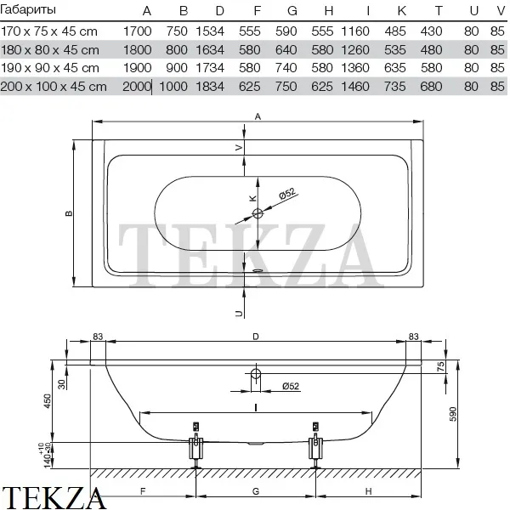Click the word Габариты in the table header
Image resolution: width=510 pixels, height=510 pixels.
pos(28,9)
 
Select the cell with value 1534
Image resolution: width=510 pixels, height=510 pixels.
pos(210,31)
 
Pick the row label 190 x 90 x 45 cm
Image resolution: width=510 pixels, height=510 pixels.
pos(50,68)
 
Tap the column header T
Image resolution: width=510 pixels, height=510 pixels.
pos(439,11)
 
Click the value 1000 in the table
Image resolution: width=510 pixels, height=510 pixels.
pos(173,87)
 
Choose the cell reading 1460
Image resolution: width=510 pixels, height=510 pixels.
pos(354,87)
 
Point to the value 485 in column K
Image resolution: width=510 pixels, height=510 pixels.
pos(395,31)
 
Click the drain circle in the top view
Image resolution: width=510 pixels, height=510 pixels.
pos(258,213)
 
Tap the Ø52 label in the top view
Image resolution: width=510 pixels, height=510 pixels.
pos(287,194)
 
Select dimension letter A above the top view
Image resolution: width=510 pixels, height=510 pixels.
pos(258,116)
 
